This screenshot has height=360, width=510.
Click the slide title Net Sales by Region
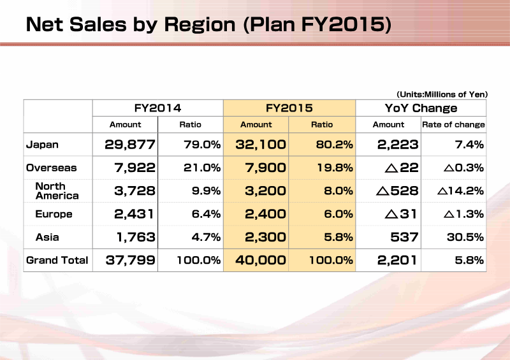point(131,24)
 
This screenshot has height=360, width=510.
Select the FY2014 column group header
point(157,108)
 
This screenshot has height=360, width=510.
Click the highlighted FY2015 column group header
point(289,108)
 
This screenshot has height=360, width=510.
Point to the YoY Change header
point(421,108)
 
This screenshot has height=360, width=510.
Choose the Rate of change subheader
point(453,124)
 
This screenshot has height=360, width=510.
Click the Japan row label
point(42,145)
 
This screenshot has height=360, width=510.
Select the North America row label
point(57,191)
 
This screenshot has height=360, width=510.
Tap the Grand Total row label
point(57,260)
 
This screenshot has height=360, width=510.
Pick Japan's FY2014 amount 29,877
point(130,145)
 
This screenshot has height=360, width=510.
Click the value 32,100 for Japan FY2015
point(261,145)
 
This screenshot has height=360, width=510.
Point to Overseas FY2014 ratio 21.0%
point(202,168)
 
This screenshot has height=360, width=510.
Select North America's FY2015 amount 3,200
point(265,191)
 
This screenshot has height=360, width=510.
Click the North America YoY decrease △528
point(397,191)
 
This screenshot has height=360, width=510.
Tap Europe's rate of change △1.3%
point(463,214)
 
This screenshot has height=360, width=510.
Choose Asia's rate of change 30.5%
point(465,237)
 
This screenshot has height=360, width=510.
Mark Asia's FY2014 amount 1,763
point(136,238)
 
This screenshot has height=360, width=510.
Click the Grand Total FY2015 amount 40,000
point(261,260)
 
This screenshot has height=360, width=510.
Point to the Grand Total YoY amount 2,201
point(397,260)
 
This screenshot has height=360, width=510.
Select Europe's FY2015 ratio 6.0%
point(339,214)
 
